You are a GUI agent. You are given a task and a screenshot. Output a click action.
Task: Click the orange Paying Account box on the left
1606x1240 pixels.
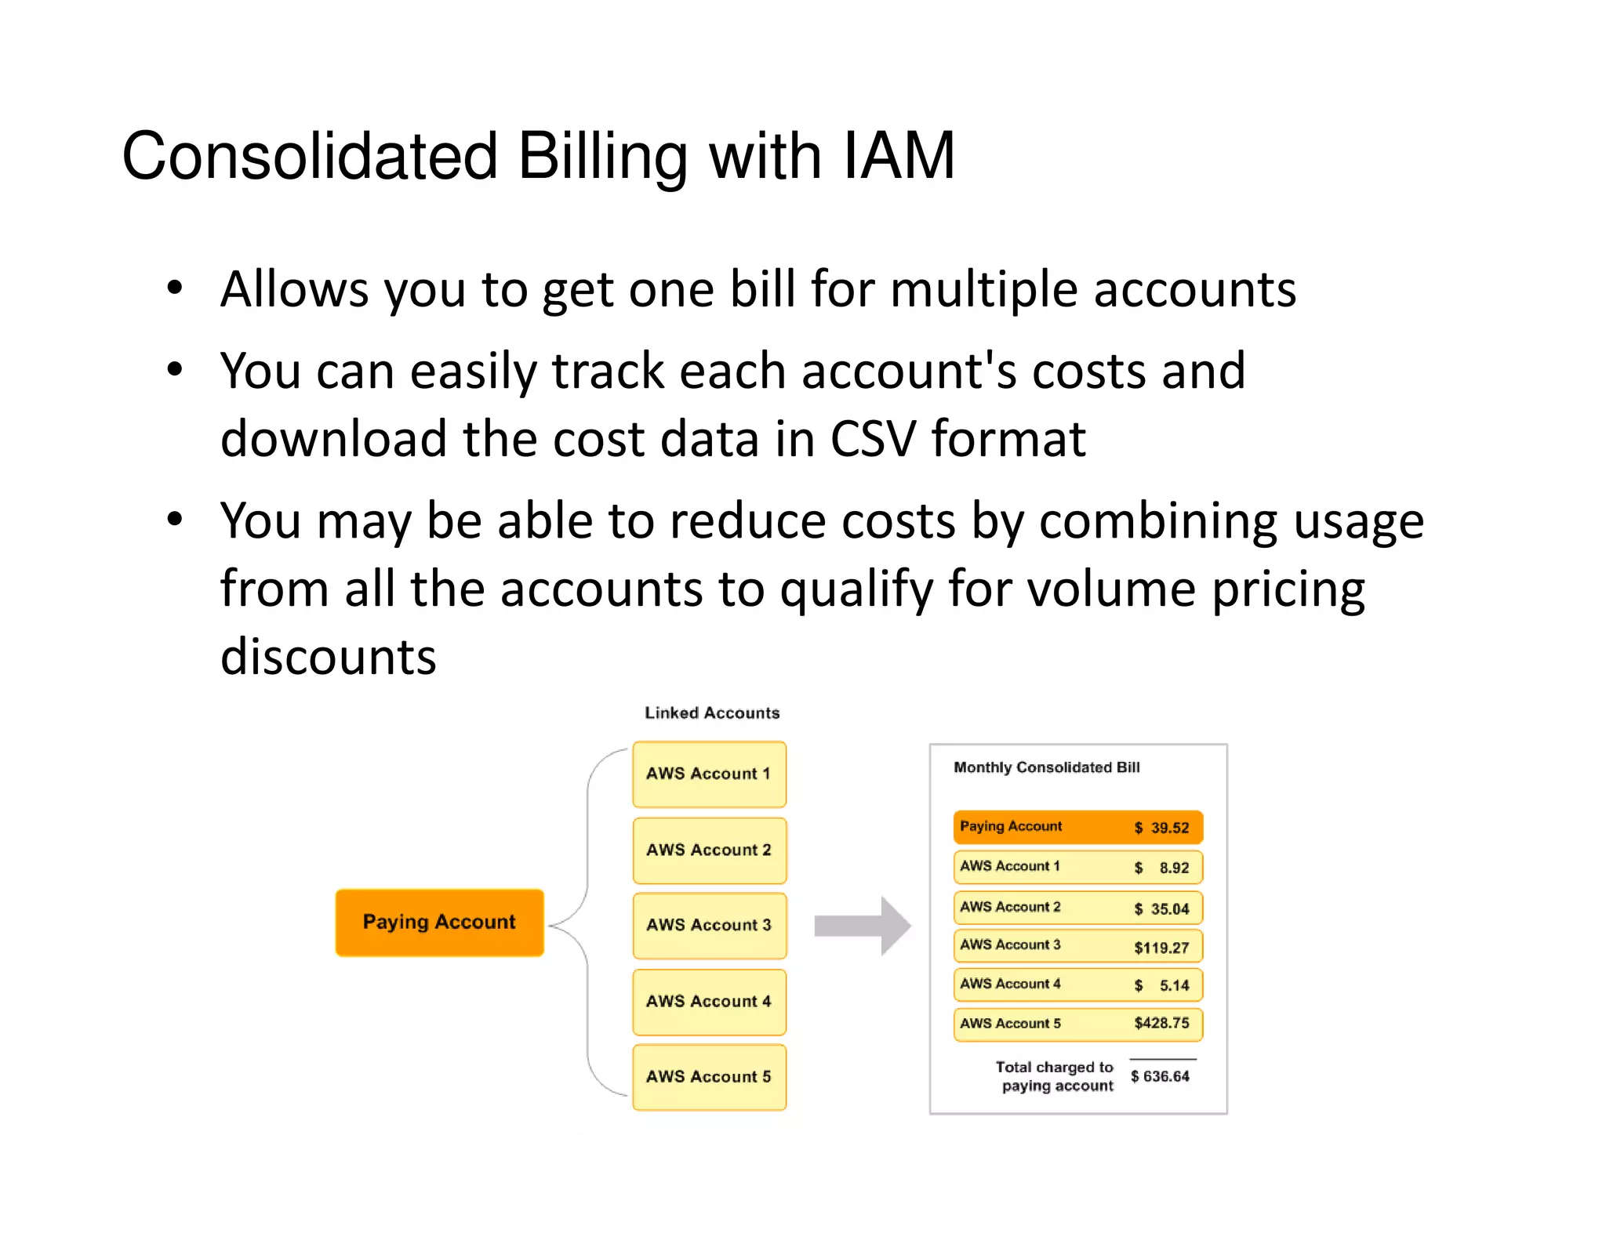(x=439, y=922)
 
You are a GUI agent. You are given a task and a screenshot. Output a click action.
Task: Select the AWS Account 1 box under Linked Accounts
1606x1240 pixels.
(x=709, y=774)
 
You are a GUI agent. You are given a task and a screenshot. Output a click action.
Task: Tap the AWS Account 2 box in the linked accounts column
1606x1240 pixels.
(x=709, y=850)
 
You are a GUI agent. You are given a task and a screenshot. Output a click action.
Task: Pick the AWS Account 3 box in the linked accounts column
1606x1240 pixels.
(x=709, y=925)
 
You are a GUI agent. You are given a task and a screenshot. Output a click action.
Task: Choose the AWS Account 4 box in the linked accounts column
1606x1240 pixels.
(x=709, y=1001)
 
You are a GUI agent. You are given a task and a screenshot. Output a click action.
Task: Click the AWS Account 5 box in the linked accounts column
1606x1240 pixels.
(x=709, y=1076)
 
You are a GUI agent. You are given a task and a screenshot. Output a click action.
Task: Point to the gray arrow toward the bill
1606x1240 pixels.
(x=863, y=926)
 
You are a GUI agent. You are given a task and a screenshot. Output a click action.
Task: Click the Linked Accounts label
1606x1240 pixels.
(x=712, y=712)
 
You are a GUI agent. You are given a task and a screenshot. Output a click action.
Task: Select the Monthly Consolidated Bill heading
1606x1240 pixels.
(x=1046, y=767)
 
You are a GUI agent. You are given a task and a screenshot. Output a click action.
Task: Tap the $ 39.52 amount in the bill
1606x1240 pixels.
(x=1161, y=828)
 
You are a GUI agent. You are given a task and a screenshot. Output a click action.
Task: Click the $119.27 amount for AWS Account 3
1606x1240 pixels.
(x=1161, y=948)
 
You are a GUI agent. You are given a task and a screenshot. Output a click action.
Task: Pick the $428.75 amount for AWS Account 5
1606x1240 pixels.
(x=1161, y=1023)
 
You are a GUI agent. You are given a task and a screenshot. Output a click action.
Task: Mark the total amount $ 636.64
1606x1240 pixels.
(x=1160, y=1076)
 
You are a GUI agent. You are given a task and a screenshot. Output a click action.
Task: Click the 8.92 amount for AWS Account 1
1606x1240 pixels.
(x=1174, y=868)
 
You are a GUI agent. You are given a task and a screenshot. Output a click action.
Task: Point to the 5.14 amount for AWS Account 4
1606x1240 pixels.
(x=1174, y=985)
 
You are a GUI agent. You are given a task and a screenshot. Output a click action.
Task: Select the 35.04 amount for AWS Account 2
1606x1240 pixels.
(x=1170, y=908)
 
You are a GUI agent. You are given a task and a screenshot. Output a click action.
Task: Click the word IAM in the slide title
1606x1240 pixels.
(x=898, y=156)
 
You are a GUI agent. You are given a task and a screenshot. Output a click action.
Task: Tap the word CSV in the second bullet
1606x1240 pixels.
(x=873, y=438)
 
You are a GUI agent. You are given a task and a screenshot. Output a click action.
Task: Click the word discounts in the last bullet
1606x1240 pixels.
(x=328, y=656)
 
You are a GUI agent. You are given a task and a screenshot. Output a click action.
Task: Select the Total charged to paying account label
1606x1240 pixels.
(x=1056, y=1076)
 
